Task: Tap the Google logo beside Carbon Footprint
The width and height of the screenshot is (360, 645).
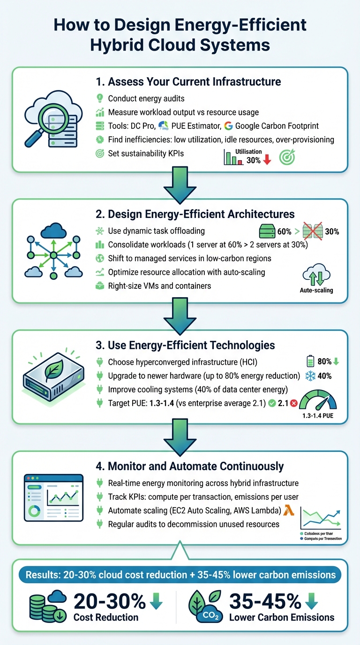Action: click(x=228, y=126)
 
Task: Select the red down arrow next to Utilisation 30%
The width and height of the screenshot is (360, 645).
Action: click(x=267, y=159)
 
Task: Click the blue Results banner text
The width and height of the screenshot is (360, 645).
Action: click(x=180, y=575)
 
